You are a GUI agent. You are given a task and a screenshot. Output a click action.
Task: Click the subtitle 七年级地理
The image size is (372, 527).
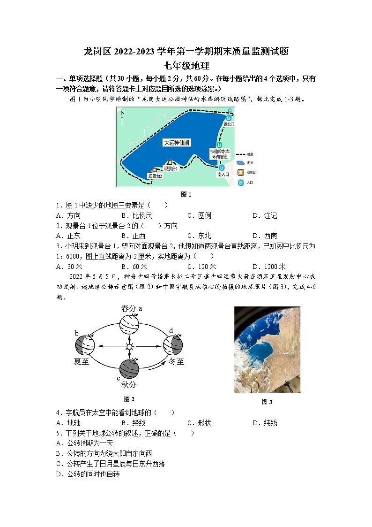tap(186, 66)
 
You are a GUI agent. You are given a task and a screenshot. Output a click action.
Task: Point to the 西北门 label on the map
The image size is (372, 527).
tap(228, 125)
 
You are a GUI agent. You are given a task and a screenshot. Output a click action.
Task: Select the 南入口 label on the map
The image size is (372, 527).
tap(223, 174)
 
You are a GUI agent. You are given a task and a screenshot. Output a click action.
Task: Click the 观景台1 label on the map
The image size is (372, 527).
tap(171, 168)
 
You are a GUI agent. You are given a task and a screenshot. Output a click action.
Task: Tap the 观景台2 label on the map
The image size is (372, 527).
tap(155, 176)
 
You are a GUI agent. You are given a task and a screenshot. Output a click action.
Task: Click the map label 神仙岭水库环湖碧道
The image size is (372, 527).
tap(220, 154)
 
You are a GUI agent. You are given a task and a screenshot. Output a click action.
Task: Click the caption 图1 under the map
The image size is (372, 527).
tap(186, 194)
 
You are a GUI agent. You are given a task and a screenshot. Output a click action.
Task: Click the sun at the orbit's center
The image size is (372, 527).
tap(129, 347)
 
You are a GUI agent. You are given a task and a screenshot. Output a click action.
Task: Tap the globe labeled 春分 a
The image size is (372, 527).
tap(129, 324)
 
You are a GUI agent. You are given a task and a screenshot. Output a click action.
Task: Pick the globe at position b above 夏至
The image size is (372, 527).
tap(85, 346)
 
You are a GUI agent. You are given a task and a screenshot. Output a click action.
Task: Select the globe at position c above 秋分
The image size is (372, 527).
tap(129, 369)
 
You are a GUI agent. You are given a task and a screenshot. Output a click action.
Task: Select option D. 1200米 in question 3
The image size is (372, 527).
tap(268, 267)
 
